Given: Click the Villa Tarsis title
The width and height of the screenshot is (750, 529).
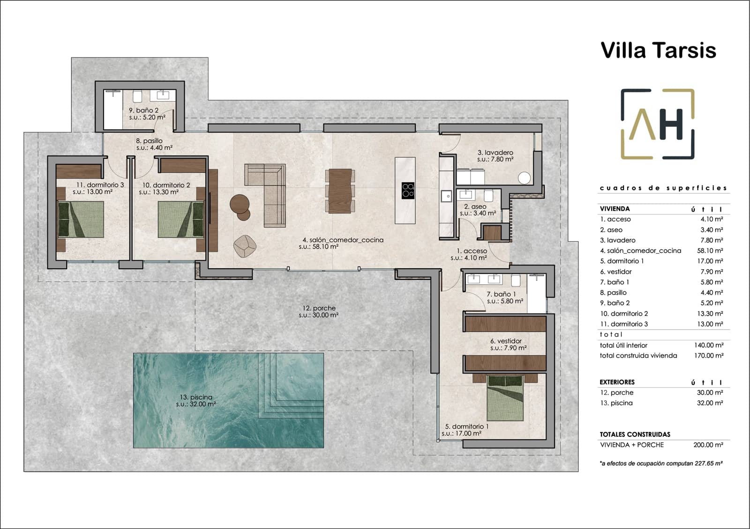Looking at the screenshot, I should click(658, 50).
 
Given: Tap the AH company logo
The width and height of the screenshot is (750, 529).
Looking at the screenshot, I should click(657, 124).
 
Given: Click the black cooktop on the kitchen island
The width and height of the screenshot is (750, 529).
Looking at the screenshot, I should click(408, 189).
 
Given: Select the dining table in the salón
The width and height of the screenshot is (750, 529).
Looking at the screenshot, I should click(340, 191).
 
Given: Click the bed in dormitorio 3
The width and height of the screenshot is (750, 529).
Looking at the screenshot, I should click(80, 219).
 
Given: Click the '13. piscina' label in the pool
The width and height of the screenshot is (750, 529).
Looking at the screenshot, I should click(196, 397).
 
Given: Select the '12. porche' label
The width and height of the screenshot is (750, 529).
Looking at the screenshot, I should click(319, 308).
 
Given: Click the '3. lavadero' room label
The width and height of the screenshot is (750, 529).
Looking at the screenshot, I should click(495, 153).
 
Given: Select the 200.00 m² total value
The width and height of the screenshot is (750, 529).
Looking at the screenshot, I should click(709, 445).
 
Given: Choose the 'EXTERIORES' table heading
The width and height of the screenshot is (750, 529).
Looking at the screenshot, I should click(617, 382).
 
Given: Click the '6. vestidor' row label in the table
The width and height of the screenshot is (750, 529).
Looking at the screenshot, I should click(616, 272).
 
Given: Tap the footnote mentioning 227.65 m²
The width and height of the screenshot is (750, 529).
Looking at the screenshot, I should click(660, 463).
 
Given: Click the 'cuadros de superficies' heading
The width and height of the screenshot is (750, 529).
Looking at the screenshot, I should click(663, 188).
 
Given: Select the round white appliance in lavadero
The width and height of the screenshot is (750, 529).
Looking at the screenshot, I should click(524, 178).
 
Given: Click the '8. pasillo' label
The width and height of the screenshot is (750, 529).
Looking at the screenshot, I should click(149, 141).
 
